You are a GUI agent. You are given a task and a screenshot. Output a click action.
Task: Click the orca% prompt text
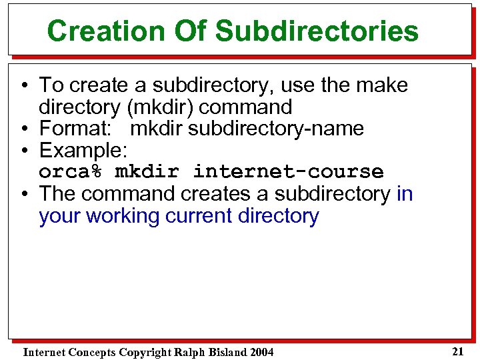[x=71, y=171]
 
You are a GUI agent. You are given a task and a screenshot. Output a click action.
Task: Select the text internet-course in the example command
[x=288, y=171]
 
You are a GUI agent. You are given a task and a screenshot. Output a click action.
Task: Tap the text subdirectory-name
[x=276, y=128]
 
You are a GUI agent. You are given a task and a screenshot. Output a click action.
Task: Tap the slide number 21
[x=457, y=351]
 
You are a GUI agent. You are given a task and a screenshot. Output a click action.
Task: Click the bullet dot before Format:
[x=23, y=129]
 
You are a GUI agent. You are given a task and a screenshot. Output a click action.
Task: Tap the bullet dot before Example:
[x=23, y=151]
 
